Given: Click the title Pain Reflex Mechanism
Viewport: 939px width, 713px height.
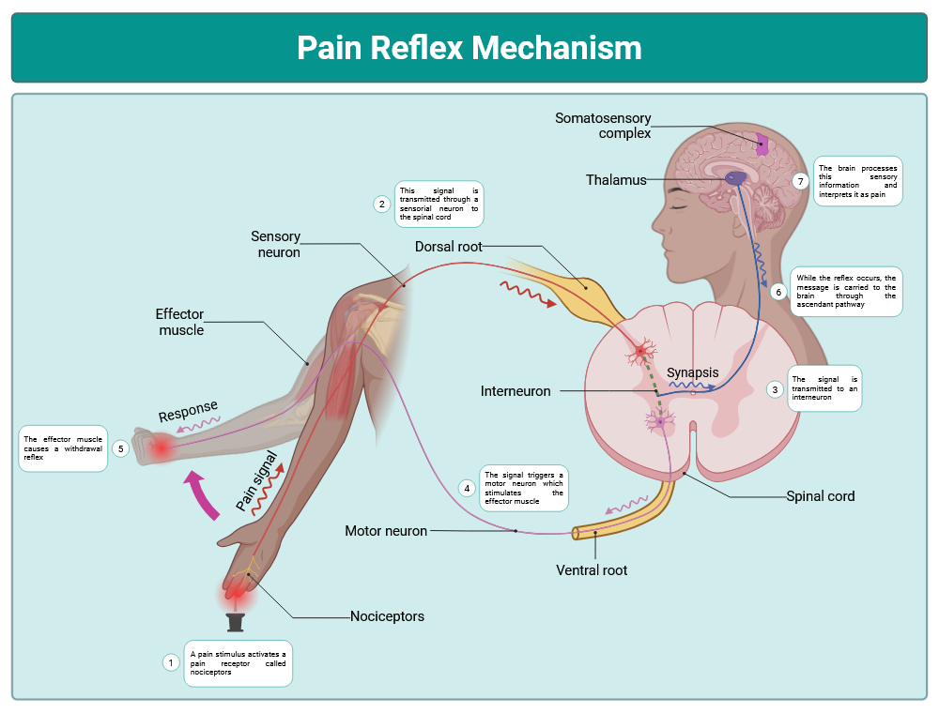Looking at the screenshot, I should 469,47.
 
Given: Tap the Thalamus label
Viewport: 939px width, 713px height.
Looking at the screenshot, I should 616,179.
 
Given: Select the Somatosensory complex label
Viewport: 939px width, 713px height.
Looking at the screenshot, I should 603,126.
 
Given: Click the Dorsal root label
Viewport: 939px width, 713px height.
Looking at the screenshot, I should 449,247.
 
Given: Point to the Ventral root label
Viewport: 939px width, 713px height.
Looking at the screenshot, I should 592,569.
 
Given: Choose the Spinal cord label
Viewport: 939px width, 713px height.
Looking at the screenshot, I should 820,495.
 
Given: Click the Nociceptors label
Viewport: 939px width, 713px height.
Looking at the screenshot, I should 387,616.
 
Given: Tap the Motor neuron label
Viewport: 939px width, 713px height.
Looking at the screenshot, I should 386,531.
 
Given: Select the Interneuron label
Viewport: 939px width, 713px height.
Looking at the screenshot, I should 516,390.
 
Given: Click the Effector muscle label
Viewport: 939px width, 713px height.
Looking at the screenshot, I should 180,322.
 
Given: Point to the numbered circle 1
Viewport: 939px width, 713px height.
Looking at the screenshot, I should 171,662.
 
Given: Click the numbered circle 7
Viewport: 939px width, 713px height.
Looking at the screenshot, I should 800,181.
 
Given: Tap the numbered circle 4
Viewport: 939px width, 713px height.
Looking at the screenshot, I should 467,488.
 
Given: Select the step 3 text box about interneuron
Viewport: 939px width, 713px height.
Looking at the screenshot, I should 824,387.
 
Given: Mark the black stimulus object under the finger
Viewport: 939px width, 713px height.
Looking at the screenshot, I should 236,622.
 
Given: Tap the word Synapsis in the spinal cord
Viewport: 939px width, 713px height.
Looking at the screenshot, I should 693,372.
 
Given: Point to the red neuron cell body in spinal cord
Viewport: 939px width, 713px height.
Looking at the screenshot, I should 642,352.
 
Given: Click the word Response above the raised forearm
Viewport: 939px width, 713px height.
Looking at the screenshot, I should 188,411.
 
